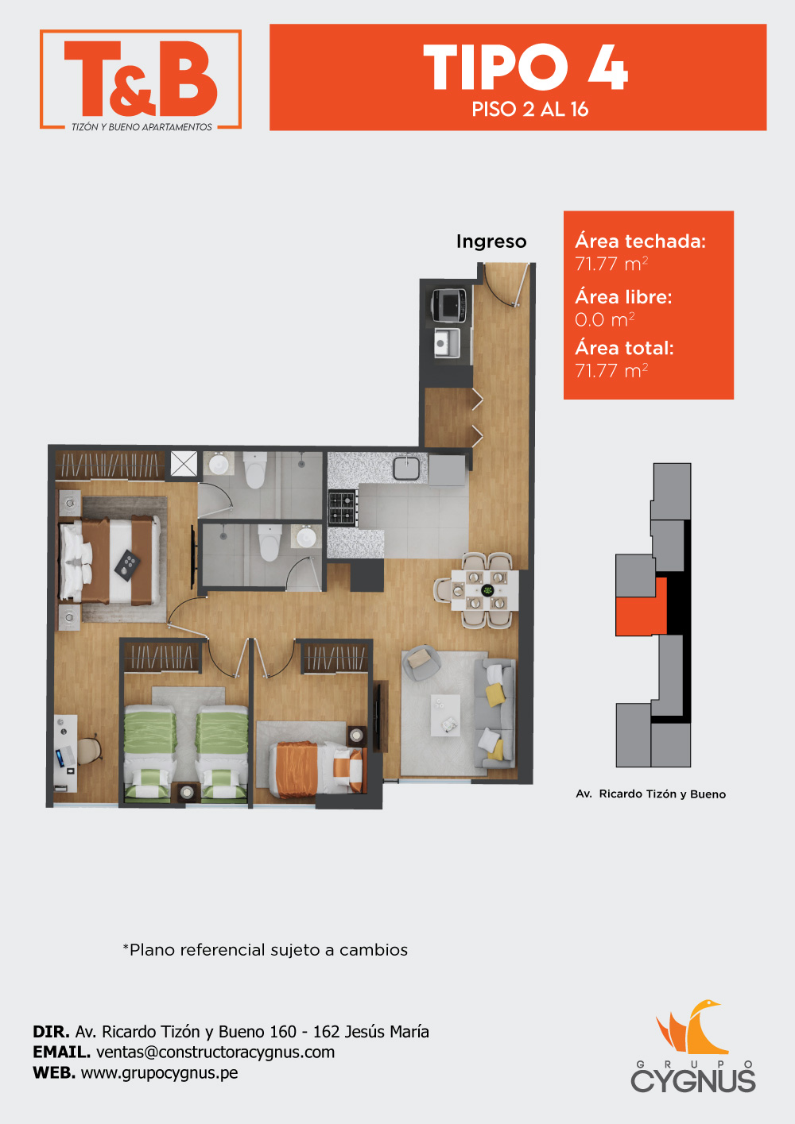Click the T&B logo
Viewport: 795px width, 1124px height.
point(141,79)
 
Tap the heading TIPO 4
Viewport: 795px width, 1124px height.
point(525,67)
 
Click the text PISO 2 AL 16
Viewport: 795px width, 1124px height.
point(529,110)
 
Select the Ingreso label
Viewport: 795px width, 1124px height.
point(491,241)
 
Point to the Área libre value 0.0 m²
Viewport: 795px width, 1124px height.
point(605,319)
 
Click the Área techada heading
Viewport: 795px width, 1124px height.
point(640,241)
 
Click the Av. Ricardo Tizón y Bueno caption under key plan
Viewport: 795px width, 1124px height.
point(651,794)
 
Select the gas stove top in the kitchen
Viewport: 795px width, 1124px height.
point(343,508)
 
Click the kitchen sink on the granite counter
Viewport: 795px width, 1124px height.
point(407,468)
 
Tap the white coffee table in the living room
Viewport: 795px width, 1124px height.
point(445,715)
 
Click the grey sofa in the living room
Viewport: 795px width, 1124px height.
point(494,713)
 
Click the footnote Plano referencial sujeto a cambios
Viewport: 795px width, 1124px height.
point(266,950)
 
